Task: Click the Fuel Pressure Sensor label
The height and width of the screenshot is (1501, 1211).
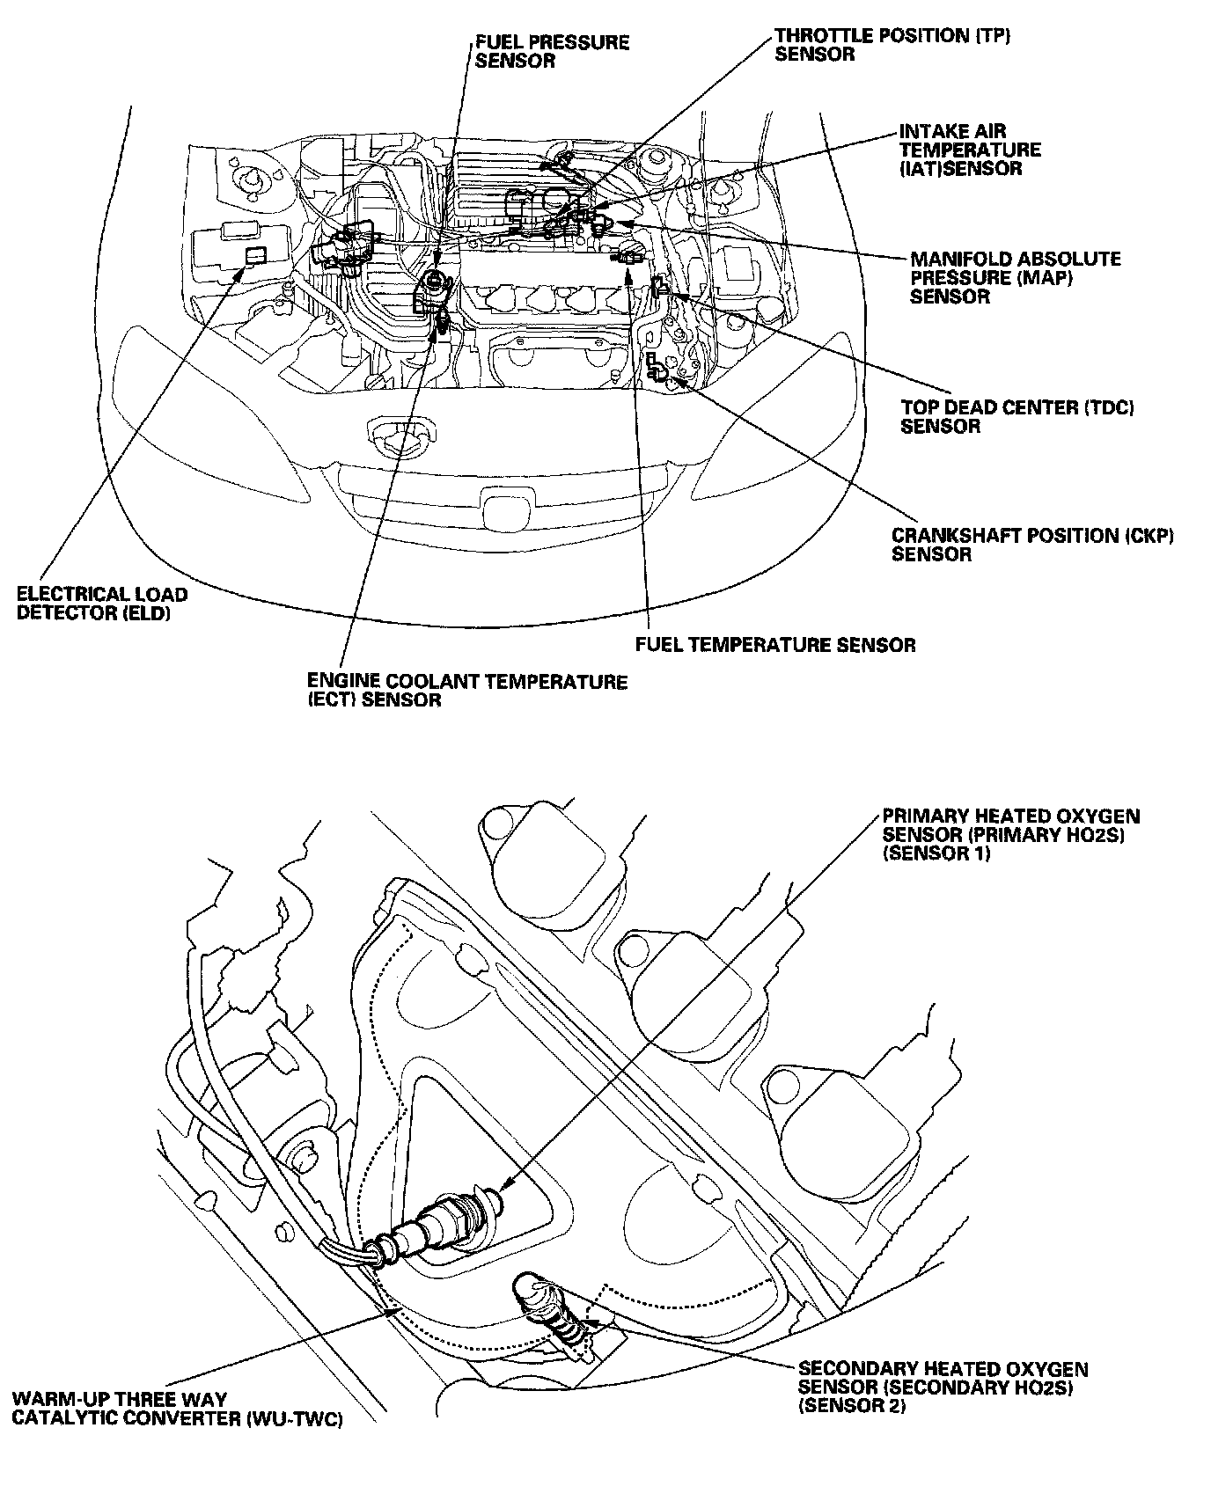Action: click(x=551, y=51)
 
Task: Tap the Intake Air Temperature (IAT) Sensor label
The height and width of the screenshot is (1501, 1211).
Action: click(x=969, y=150)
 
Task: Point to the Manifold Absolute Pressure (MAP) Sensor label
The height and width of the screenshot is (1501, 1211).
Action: click(x=1015, y=277)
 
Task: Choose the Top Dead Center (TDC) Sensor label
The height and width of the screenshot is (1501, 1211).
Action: click(x=1017, y=416)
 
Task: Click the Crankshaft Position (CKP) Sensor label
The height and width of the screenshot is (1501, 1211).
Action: click(x=1032, y=545)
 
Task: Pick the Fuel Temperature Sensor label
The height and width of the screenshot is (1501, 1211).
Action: click(x=774, y=645)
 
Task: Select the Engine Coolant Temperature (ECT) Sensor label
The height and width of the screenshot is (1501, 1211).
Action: click(x=466, y=691)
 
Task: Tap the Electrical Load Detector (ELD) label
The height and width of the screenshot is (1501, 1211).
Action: click(x=102, y=604)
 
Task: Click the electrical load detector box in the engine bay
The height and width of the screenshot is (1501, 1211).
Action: click(x=255, y=256)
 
